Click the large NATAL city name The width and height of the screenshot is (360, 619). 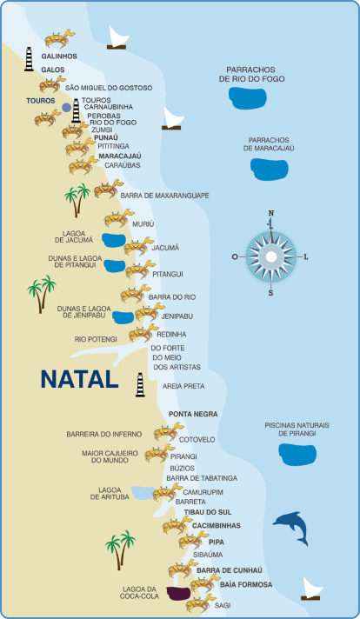pyautogui.click(x=79, y=379)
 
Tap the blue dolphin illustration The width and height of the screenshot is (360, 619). pyautogui.click(x=291, y=528)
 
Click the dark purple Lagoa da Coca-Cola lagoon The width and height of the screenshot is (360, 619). pyautogui.click(x=178, y=593)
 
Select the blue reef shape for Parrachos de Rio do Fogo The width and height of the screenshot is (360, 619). pyautogui.click(x=248, y=98)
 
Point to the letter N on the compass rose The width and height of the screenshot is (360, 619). pyautogui.click(x=271, y=214)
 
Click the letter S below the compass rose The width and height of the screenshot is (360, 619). pyautogui.click(x=270, y=293)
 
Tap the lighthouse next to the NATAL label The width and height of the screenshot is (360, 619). pyautogui.click(x=140, y=384)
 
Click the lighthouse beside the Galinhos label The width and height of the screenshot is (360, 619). pyautogui.click(x=29, y=59)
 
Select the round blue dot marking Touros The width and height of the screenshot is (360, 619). pyautogui.click(x=67, y=108)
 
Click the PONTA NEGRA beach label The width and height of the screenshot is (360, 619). pyautogui.click(x=193, y=414)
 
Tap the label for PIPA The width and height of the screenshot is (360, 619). pyautogui.click(x=217, y=542)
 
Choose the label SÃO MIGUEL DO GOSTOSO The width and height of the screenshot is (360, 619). pyautogui.click(x=109, y=88)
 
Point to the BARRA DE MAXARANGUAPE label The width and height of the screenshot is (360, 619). pyautogui.click(x=164, y=196)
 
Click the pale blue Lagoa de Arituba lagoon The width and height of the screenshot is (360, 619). pyautogui.click(x=143, y=492)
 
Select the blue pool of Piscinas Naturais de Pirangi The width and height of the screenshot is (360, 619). pyautogui.click(x=297, y=455)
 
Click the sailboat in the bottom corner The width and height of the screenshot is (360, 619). pyautogui.click(x=311, y=589)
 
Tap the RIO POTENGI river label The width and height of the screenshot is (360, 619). pyautogui.click(x=96, y=339)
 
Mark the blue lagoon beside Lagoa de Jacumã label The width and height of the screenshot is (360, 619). pyautogui.click(x=114, y=239)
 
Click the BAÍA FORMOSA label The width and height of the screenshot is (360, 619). pyautogui.click(x=246, y=584)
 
